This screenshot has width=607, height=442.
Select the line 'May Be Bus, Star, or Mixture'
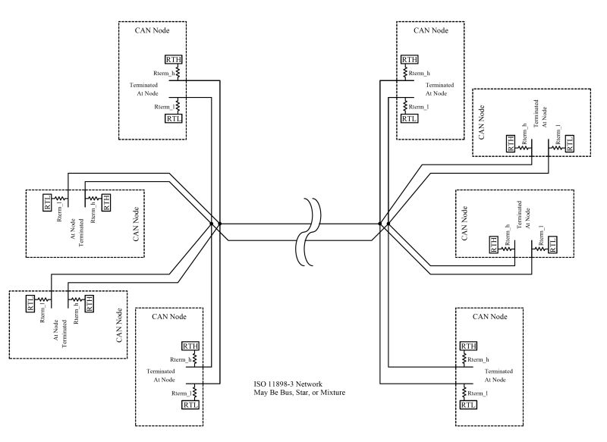coord(302,394)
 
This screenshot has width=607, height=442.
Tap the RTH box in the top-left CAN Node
coord(175,60)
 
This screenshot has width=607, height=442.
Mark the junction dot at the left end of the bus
coord(212,224)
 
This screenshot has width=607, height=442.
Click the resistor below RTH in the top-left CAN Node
coord(177,71)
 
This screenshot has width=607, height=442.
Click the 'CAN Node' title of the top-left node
coord(151,31)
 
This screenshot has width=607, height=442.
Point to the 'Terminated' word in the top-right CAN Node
coord(440,85)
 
